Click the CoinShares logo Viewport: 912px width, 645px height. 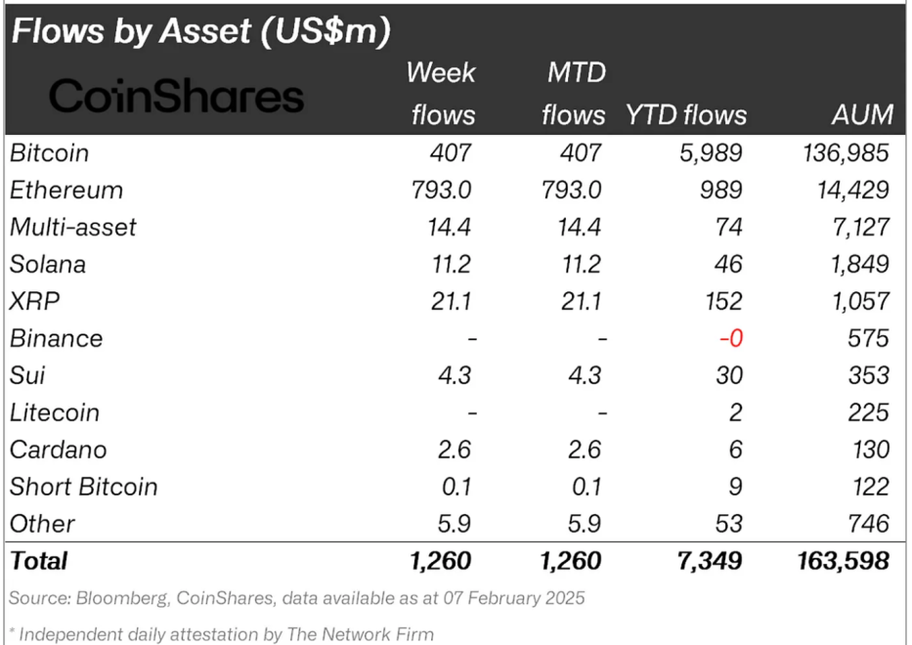pos(176,96)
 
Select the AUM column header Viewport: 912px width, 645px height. pos(861,114)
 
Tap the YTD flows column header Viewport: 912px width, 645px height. pos(685,114)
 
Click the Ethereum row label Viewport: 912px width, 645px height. pos(66,190)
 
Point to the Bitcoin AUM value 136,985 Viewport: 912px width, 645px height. pos(844,152)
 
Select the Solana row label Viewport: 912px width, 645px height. pos(48,264)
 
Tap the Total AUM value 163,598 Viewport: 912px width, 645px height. pos(843,561)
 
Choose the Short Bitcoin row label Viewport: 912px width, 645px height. pos(83,487)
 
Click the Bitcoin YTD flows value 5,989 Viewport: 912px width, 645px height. pos(713,152)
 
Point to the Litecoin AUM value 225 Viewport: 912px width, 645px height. pos(869,412)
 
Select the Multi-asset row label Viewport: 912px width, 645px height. pos(73,227)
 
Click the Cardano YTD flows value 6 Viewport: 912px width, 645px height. pos(734,450)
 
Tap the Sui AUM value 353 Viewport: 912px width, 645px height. pos(869,375)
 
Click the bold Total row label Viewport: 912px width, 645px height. pos(39,561)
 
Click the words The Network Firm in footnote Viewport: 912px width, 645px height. pos(363,634)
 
